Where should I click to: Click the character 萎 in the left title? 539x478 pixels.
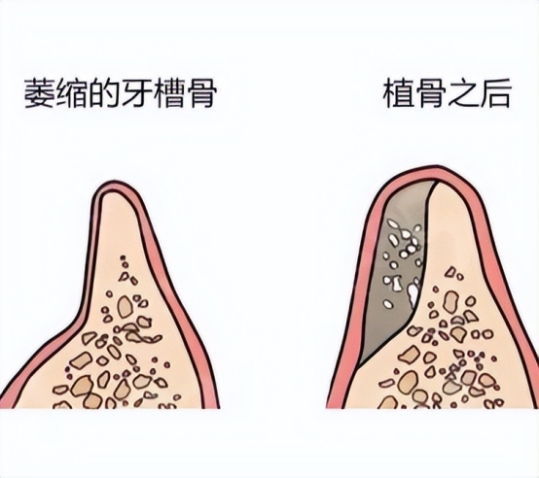click(40, 94)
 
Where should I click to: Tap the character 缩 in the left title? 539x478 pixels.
click(71, 94)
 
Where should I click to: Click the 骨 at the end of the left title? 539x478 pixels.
click(200, 94)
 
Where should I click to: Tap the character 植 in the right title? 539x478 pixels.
click(398, 93)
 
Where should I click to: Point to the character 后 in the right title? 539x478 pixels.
click(494, 93)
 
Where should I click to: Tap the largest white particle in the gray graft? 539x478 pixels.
click(413, 294)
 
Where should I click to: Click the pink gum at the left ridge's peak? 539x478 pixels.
click(113, 186)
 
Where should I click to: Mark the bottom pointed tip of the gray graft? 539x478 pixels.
click(359, 368)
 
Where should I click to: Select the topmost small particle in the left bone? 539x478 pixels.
click(122, 257)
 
